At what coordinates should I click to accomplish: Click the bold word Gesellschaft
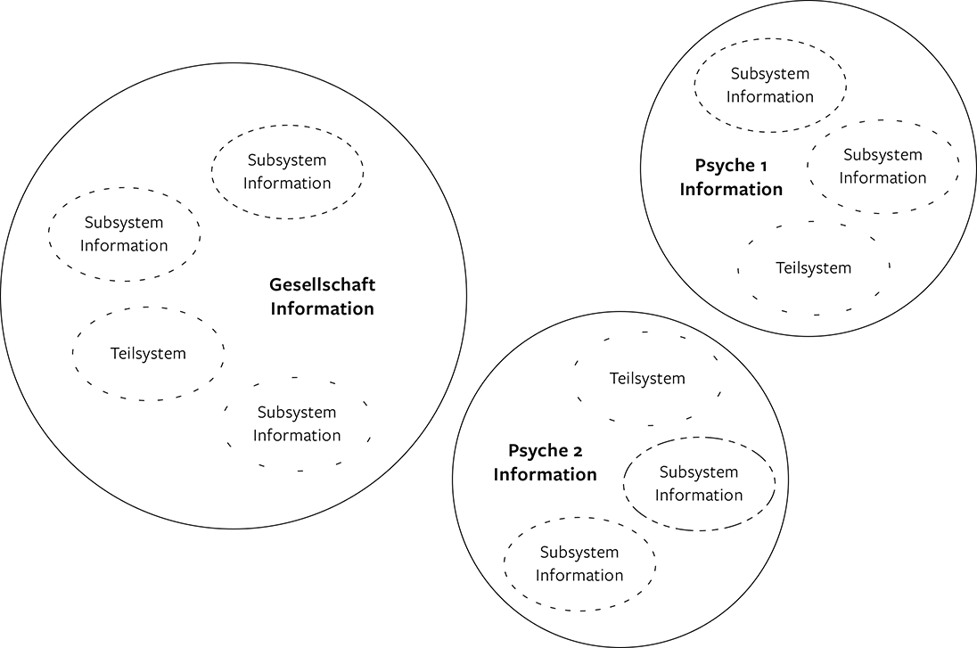tap(322, 286)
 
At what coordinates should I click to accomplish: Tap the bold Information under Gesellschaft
tap(322, 309)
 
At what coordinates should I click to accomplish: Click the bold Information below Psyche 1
tap(731, 189)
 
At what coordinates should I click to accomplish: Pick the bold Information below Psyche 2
tap(545, 474)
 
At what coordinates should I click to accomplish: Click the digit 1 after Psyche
tap(763, 166)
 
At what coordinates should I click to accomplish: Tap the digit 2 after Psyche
tap(578, 451)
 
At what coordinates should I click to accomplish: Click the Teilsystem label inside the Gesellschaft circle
tap(148, 354)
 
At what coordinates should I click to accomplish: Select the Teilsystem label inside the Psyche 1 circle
tap(813, 268)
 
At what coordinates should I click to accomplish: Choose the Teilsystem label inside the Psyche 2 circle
tap(647, 379)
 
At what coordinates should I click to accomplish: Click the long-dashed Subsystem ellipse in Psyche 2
tap(699, 484)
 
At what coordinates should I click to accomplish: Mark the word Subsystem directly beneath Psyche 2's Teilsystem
tap(699, 472)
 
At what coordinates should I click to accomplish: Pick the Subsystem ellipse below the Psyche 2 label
tap(579, 564)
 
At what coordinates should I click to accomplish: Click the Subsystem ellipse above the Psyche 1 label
tap(770, 86)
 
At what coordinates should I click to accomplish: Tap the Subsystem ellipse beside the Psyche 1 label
tap(883, 167)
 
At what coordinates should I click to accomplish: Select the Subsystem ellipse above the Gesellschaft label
tap(287, 172)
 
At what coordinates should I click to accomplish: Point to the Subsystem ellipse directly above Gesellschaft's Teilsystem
tap(124, 234)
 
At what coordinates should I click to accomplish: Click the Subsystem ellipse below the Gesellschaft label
tap(297, 424)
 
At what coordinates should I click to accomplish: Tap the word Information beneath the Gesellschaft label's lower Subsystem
tap(297, 436)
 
